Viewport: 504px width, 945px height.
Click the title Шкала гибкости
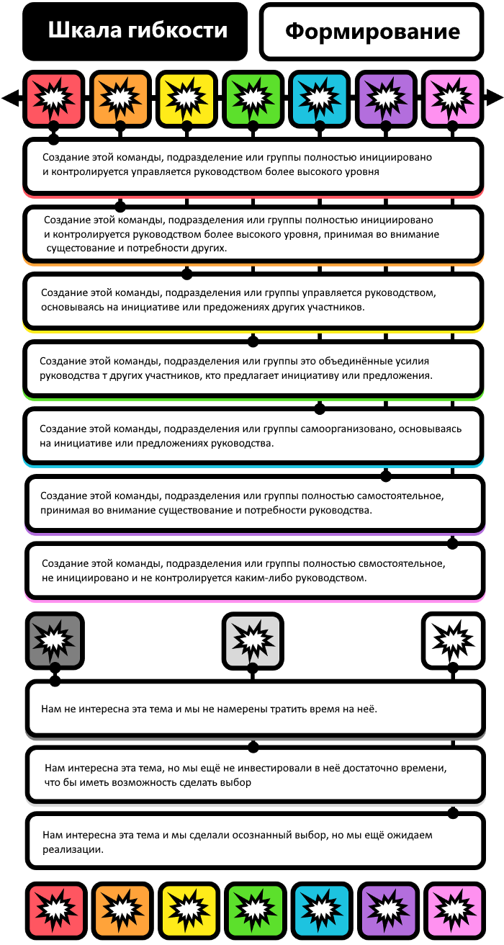click(138, 30)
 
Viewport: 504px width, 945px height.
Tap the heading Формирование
click(372, 31)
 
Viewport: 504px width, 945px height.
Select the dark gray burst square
click(55, 640)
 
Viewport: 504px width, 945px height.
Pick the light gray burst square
click(253, 640)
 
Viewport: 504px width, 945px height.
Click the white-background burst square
click(453, 640)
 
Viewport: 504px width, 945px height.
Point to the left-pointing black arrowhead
click(11, 98)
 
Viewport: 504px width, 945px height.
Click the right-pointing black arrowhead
click(494, 97)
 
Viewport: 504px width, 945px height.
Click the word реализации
click(73, 849)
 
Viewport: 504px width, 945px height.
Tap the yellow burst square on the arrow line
click(186, 99)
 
